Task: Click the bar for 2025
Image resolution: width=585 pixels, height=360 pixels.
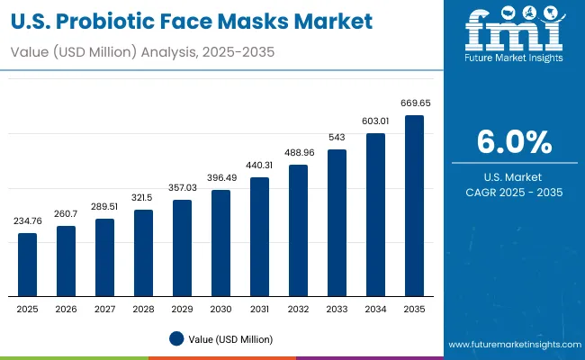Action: pos(28,265)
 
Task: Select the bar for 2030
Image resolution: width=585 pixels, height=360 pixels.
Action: pos(220,243)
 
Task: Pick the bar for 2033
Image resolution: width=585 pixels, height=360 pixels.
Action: pos(337,223)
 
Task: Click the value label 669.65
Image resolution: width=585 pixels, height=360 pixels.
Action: pos(414,104)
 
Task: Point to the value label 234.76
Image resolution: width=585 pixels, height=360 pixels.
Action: pos(28,221)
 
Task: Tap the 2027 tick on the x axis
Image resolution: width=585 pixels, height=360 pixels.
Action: pos(104,309)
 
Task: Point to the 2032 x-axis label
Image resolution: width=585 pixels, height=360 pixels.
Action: pos(298,309)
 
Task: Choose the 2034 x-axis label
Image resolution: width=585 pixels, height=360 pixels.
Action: pos(375,309)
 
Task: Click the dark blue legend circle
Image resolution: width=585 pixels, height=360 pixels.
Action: pos(176,338)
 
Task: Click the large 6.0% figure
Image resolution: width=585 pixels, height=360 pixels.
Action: pos(514,142)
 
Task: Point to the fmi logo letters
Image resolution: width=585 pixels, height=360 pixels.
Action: pos(514,31)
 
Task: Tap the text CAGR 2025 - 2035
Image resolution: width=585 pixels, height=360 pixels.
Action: pos(514,192)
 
